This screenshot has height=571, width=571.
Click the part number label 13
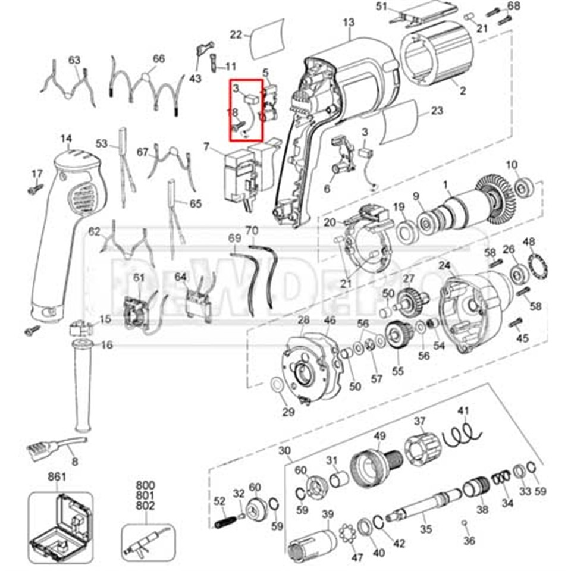(x=349, y=23)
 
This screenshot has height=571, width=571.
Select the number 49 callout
(x=379, y=436)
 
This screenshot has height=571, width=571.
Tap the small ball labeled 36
(x=464, y=522)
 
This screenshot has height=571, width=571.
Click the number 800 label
(x=145, y=485)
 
